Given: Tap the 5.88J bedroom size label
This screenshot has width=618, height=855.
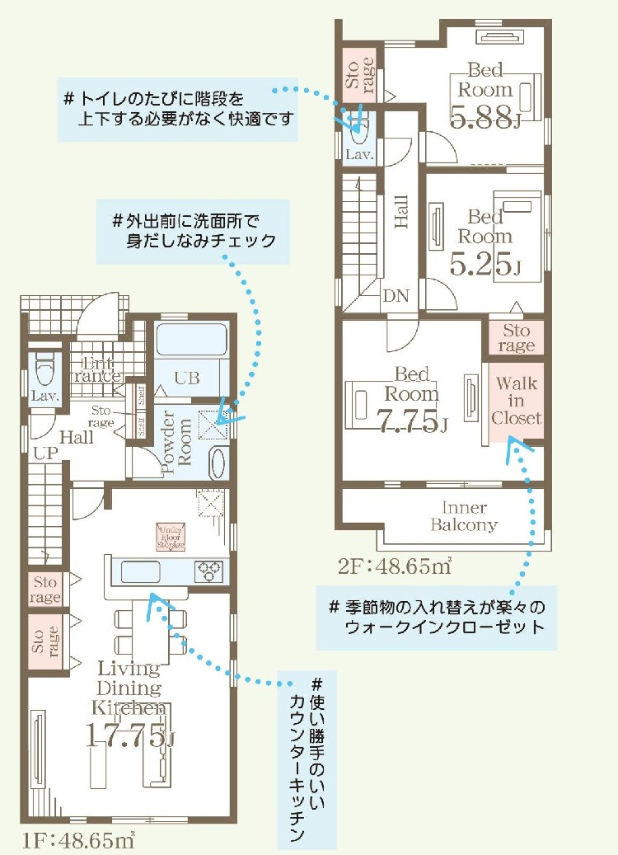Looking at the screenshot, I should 486,120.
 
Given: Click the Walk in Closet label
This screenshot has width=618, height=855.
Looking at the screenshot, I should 516,401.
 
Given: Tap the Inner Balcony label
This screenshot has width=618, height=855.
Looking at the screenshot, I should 465,516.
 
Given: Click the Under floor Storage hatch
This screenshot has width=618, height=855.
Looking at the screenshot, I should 171,537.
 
